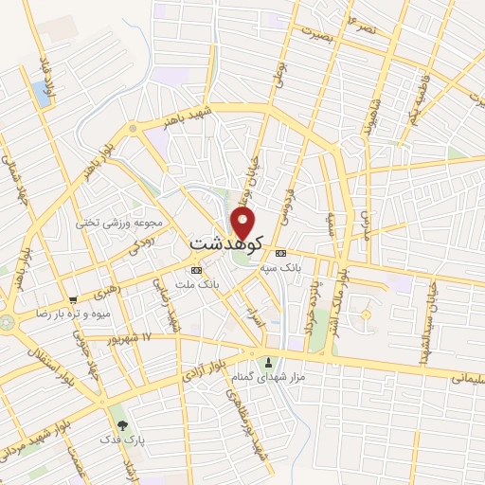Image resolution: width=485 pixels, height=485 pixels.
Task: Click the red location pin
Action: (243, 223)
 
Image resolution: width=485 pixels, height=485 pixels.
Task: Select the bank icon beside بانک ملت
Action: (196, 270)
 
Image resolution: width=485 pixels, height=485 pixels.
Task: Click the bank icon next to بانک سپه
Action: (281, 254)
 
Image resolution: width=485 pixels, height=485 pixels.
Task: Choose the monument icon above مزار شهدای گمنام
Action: (268, 361)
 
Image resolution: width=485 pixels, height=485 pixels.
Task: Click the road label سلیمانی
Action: (460, 377)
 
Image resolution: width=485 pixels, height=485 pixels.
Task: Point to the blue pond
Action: (42, 92)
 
